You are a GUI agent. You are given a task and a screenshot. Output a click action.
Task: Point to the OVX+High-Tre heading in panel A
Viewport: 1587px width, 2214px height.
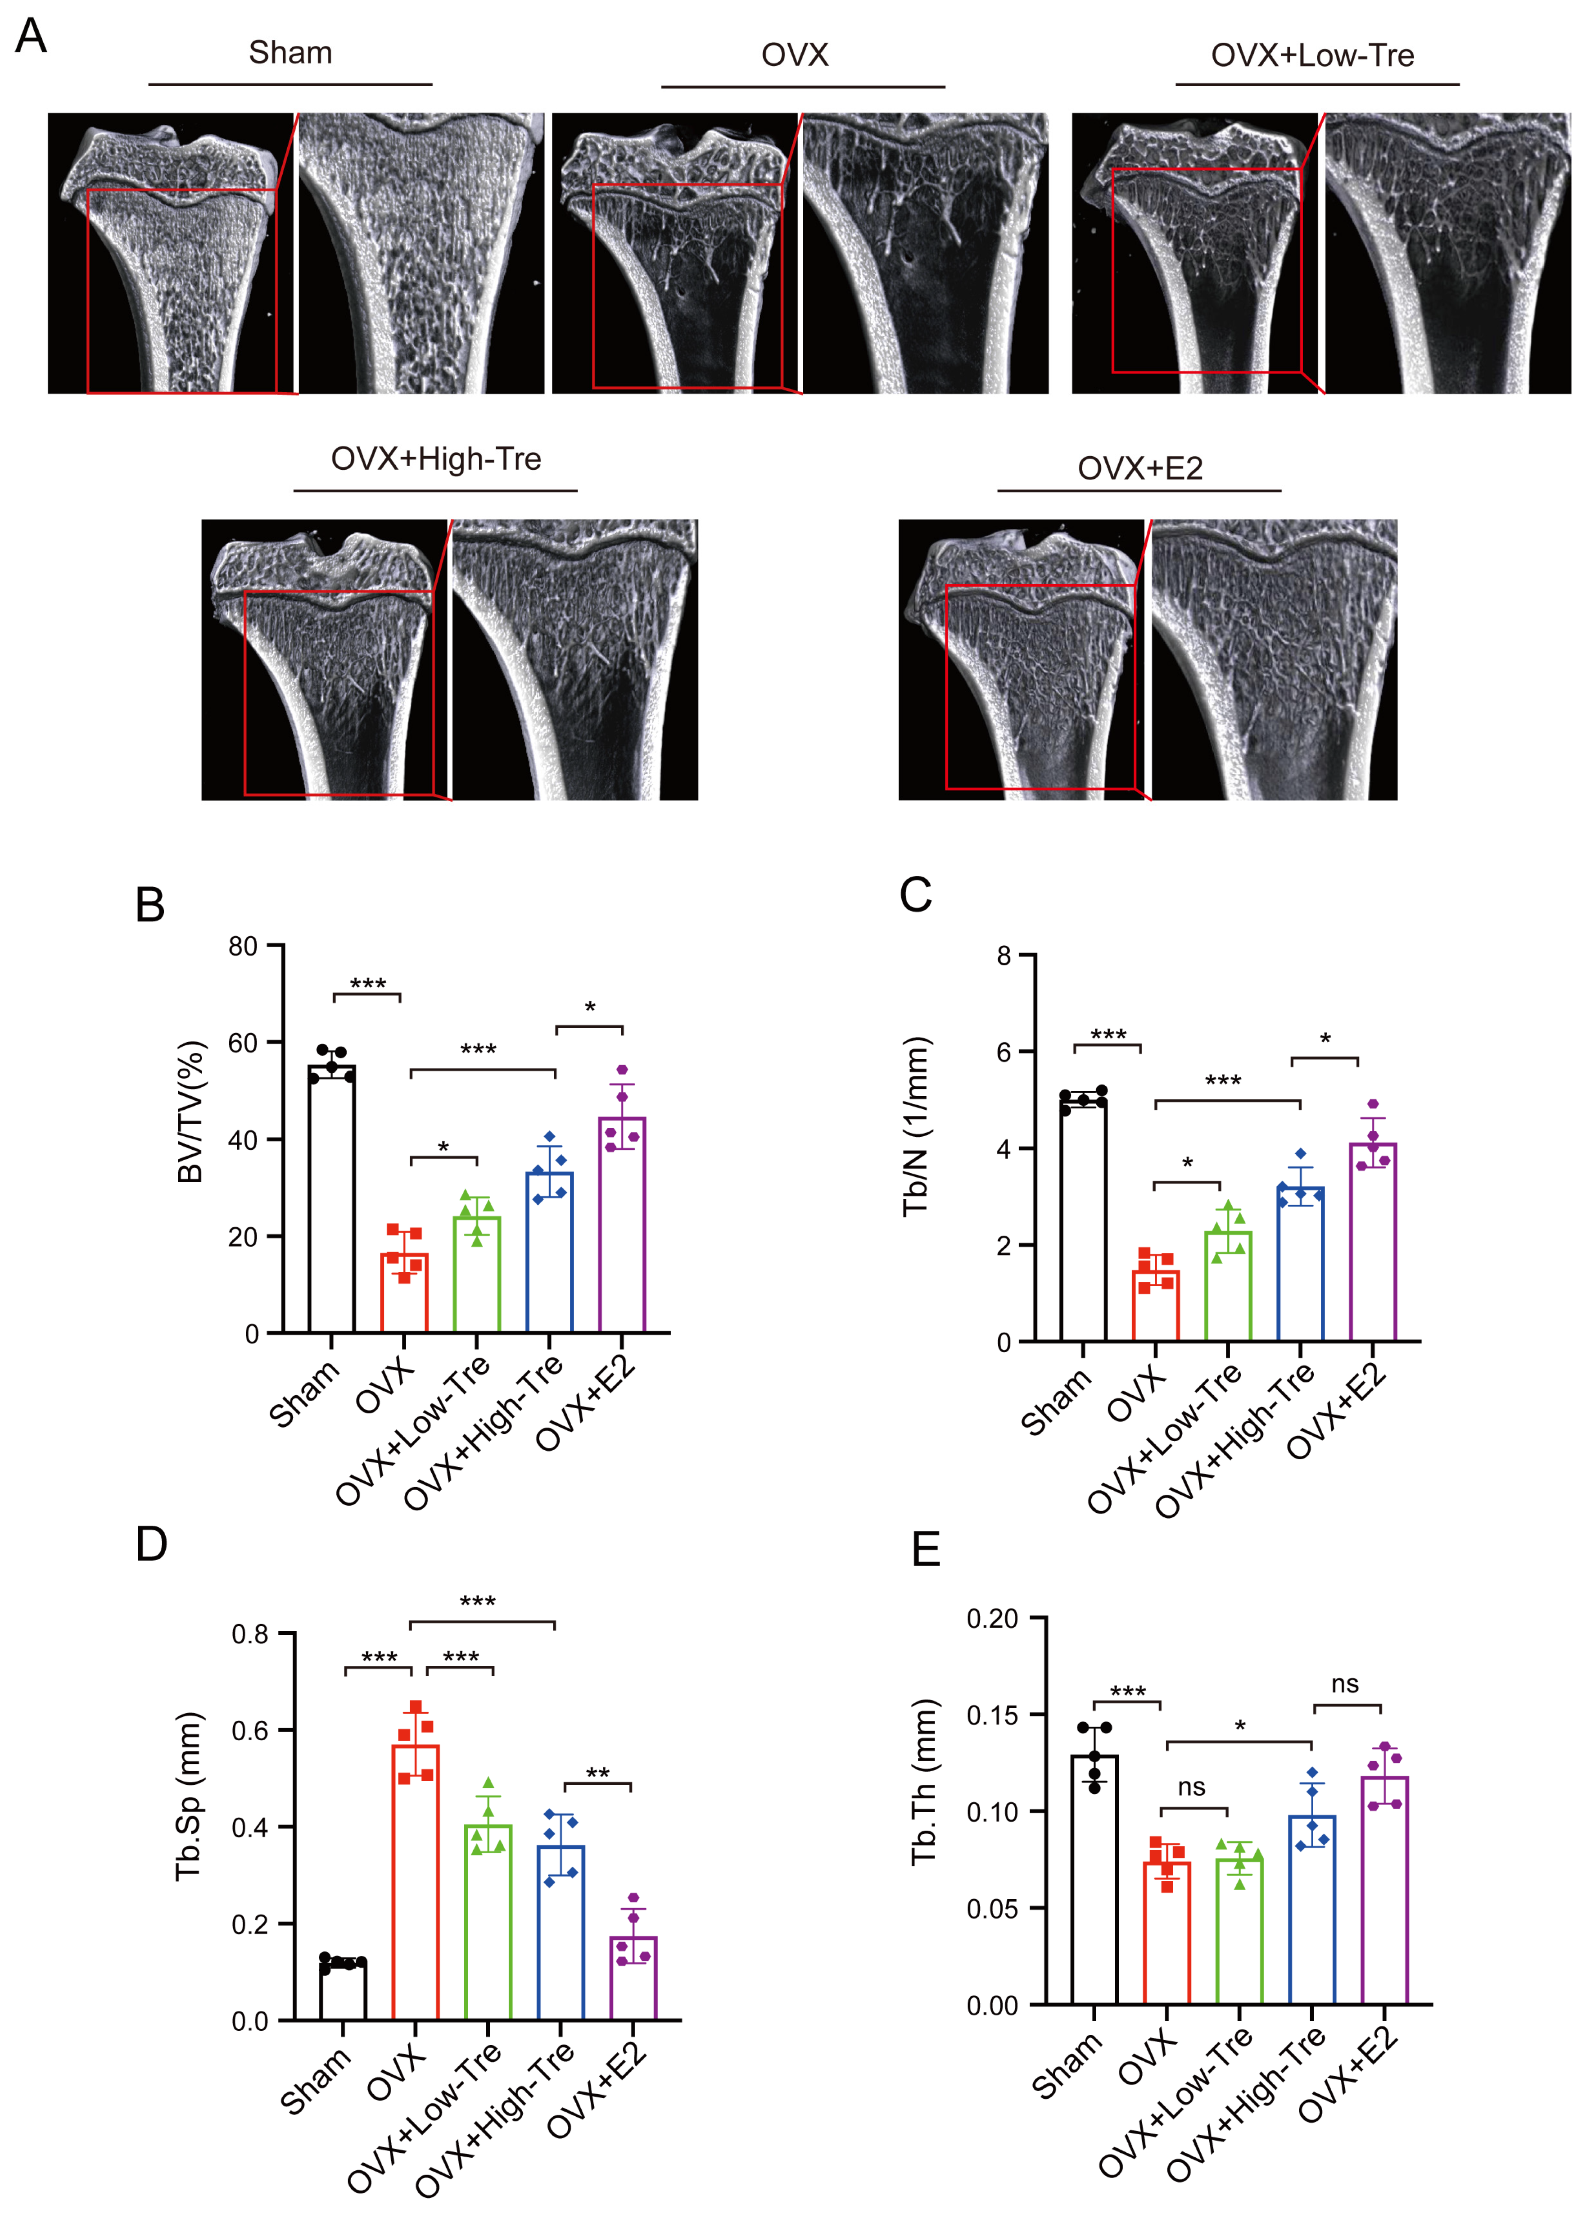(x=435, y=459)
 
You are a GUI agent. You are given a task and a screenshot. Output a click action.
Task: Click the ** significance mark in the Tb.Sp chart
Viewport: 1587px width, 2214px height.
(x=597, y=1773)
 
